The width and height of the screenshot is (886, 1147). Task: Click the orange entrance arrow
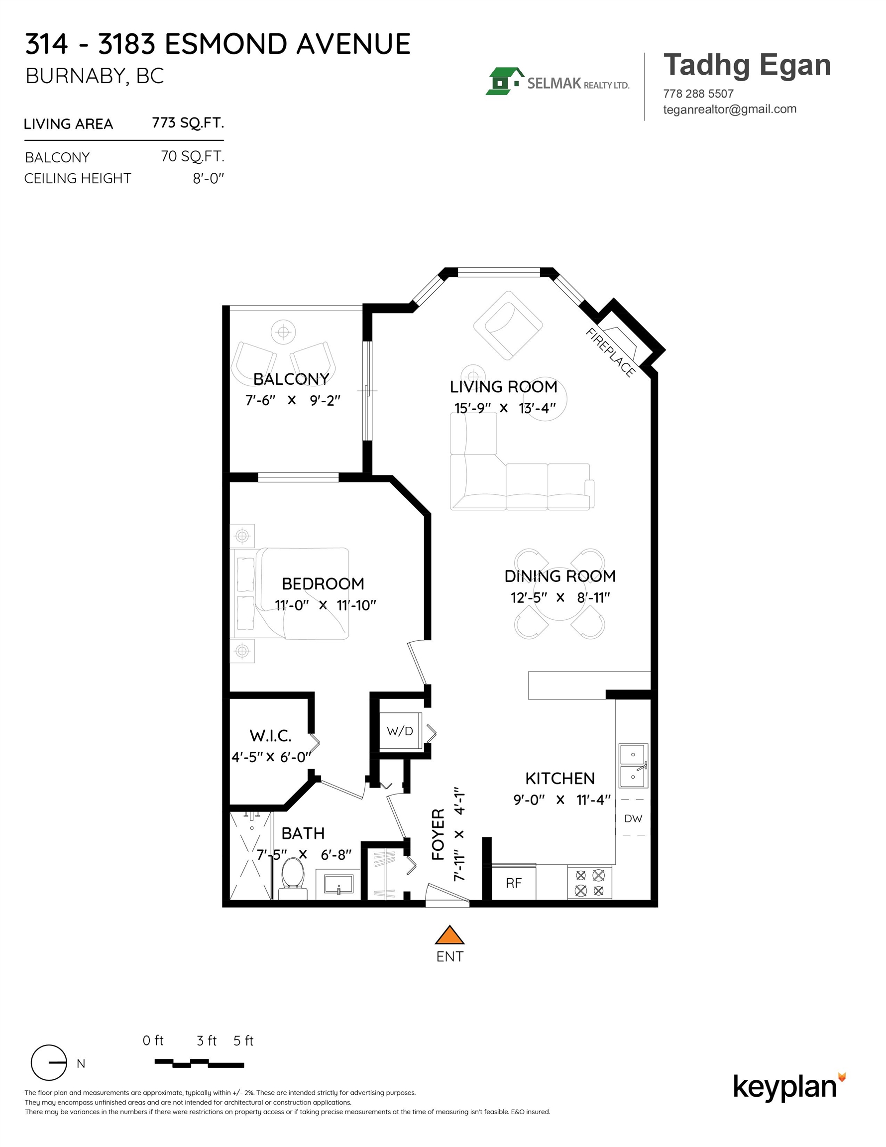(x=449, y=935)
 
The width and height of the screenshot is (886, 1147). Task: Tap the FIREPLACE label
(x=610, y=352)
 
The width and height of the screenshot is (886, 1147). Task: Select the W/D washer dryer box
(x=400, y=731)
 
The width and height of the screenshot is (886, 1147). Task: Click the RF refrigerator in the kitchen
(x=514, y=883)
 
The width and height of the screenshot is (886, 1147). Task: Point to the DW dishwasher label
(x=633, y=818)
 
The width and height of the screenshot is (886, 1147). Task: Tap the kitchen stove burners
(x=590, y=883)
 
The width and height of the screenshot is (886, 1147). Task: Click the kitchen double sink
(x=633, y=766)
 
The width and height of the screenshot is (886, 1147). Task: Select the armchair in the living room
(x=507, y=325)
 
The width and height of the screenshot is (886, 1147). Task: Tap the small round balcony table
(x=283, y=332)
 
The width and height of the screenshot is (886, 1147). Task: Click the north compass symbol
(x=49, y=1062)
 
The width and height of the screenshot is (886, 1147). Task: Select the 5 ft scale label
(x=243, y=1040)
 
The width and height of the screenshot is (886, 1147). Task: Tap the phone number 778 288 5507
(x=698, y=94)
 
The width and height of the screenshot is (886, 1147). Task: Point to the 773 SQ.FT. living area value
(x=188, y=123)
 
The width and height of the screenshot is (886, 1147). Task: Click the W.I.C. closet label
(x=270, y=736)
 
